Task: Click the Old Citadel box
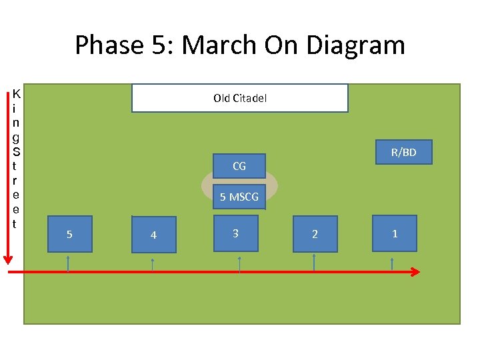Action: [x=240, y=98]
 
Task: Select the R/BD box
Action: [x=403, y=152]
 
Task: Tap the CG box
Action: [x=239, y=166]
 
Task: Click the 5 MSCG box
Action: [x=239, y=197]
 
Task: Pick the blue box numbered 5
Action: [x=69, y=234]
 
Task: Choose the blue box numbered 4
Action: [x=154, y=235]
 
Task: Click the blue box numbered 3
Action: [x=235, y=233]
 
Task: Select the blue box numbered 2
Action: [x=315, y=234]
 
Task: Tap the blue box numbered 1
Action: [x=395, y=233]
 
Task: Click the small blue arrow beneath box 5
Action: [x=68, y=263]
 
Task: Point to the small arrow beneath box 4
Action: [x=153, y=265]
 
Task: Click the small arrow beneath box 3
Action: [x=239, y=264]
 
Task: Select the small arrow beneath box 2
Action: [x=314, y=263]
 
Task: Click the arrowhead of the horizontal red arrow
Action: [x=415, y=272]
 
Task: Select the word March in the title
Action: [x=219, y=45]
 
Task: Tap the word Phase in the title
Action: [x=109, y=45]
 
